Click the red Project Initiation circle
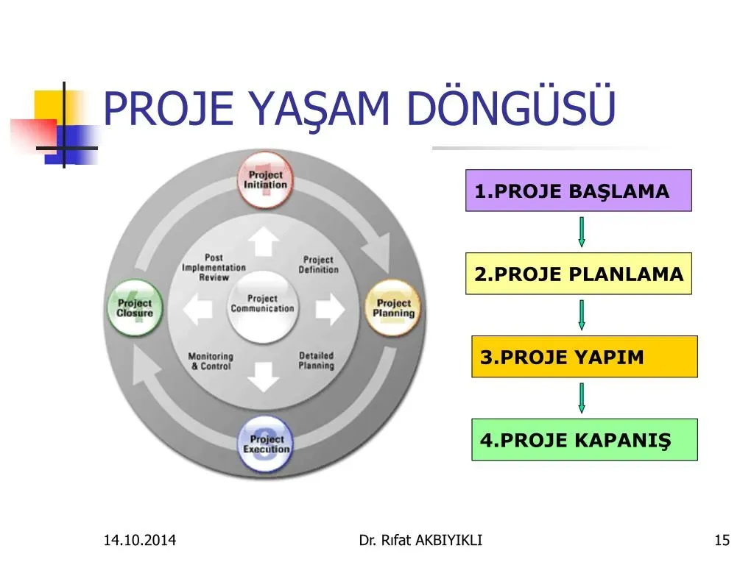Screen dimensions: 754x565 [x=265, y=180]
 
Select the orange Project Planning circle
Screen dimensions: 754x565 [x=393, y=308]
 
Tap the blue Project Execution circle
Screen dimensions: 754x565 [x=265, y=444]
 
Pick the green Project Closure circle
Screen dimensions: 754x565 [x=135, y=308]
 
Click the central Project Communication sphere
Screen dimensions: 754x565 [x=263, y=307]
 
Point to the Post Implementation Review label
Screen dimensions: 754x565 [x=214, y=268]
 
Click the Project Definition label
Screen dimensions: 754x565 [x=318, y=265]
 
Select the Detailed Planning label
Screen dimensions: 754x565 [x=317, y=360]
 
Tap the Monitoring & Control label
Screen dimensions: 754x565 [x=211, y=361]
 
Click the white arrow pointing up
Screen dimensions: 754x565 [x=264, y=241]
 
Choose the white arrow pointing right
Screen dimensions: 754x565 [x=330, y=309]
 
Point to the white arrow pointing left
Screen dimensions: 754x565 [x=197, y=309]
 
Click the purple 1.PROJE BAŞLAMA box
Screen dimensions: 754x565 [x=579, y=191]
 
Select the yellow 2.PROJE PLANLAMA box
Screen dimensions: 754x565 [x=579, y=274]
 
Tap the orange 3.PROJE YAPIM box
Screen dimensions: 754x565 [x=584, y=357]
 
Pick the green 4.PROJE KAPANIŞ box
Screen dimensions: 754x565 [x=584, y=440]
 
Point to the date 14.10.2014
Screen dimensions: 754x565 [x=140, y=540]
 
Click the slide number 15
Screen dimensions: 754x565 [x=722, y=540]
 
